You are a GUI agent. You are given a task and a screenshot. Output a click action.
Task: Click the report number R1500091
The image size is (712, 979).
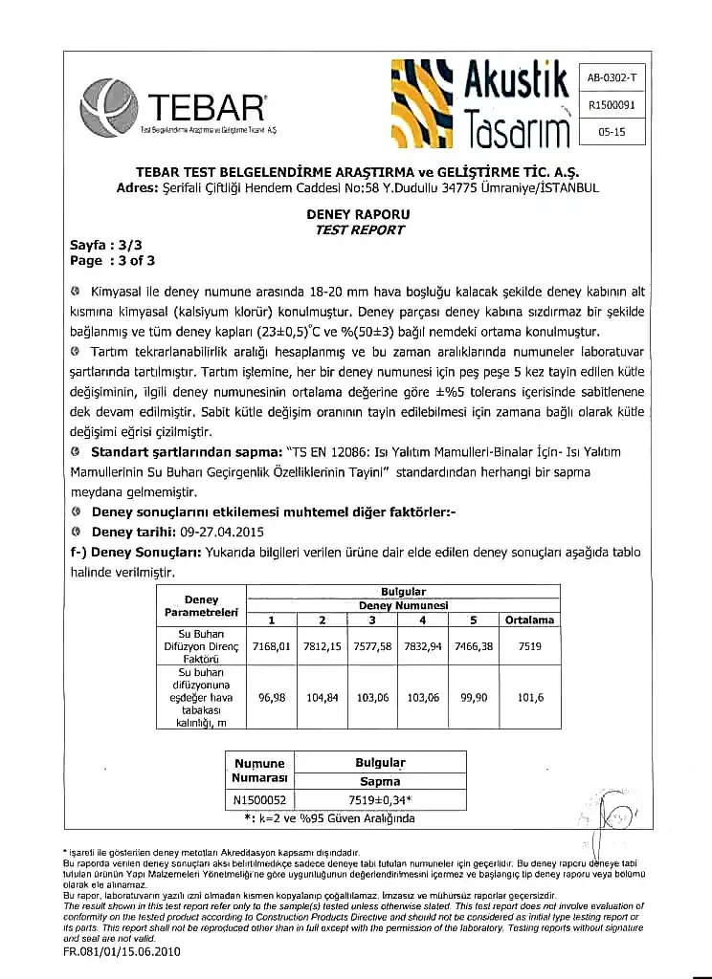pyautogui.click(x=612, y=106)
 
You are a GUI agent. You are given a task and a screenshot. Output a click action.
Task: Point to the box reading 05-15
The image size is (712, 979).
pyautogui.click(x=612, y=133)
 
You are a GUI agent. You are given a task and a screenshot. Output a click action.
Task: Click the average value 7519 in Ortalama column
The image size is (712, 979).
pyautogui.click(x=530, y=646)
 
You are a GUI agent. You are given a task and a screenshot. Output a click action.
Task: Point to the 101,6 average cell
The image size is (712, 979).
pyautogui.click(x=530, y=698)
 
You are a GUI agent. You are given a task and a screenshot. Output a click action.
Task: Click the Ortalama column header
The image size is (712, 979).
pyautogui.click(x=530, y=620)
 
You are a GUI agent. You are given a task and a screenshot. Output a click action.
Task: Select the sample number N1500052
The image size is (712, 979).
pyautogui.click(x=260, y=800)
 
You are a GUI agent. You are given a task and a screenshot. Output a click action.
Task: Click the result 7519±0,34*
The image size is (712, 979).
pyautogui.click(x=381, y=800)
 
